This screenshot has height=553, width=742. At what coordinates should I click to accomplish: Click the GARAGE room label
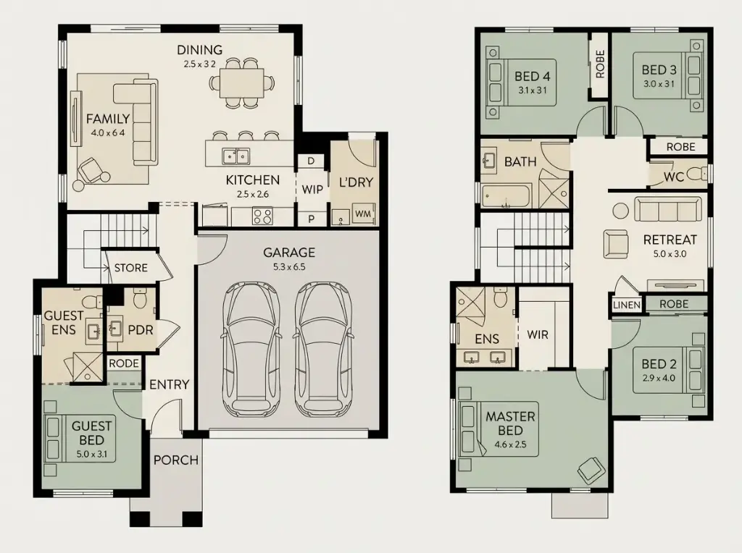[x=289, y=253]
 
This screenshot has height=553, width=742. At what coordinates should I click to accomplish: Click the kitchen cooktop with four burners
[x=262, y=216]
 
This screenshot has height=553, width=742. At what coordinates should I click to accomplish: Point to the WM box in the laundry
[x=362, y=215]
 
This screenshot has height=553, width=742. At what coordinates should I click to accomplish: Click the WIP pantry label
[x=312, y=190]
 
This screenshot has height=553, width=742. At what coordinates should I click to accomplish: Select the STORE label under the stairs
[x=130, y=268]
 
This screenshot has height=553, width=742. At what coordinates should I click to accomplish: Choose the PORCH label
[x=175, y=460]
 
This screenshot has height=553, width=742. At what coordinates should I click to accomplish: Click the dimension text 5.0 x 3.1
[x=91, y=455]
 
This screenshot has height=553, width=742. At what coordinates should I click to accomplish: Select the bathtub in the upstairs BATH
[x=507, y=195]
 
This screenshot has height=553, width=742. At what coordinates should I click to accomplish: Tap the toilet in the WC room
[x=696, y=174]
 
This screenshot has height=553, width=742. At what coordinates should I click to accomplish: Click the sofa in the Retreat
[x=667, y=210]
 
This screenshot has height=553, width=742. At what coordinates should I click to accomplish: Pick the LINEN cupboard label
[x=627, y=305]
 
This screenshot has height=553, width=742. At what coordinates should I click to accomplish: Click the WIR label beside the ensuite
[x=537, y=335]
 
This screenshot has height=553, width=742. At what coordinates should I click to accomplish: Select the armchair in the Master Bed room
[x=589, y=471]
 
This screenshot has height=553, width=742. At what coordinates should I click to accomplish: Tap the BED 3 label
[x=659, y=70]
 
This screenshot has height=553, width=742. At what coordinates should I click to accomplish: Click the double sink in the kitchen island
[x=236, y=155]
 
